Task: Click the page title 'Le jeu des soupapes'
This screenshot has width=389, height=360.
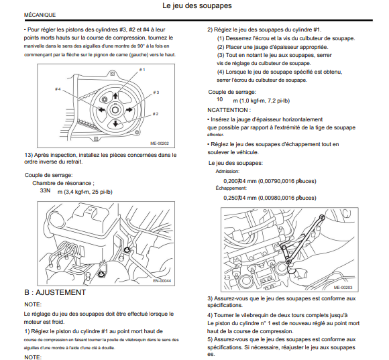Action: click(197, 6)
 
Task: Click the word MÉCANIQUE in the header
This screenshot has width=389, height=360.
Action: click(40, 15)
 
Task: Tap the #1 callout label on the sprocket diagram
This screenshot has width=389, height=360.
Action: click(142, 70)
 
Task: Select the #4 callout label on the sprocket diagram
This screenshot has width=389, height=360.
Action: click(58, 88)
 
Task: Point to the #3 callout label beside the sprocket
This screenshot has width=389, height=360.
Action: click(156, 93)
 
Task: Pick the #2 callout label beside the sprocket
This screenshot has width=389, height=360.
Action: click(156, 114)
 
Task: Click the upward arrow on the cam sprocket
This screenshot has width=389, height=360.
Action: click(115, 96)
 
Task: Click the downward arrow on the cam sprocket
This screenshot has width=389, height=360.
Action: click(115, 123)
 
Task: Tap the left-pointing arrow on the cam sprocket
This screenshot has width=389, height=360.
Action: click(101, 109)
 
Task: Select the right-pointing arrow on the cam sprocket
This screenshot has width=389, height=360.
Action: click(129, 109)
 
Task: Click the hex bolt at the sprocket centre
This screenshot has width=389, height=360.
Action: click(115, 109)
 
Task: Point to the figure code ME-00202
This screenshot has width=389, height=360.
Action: click(160, 143)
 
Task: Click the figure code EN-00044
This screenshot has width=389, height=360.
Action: click(162, 281)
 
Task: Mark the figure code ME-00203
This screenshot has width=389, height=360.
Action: click(343, 288)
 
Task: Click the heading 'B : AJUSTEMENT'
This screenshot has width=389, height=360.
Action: click(55, 292)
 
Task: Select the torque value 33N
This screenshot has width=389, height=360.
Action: click(45, 190)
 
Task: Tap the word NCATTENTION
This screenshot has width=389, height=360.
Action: click(227, 110)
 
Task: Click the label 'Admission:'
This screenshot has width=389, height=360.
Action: click(227, 172)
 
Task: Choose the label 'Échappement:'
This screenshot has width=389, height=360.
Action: click(231, 188)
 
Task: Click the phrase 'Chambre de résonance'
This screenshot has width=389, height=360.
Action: click(62, 183)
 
